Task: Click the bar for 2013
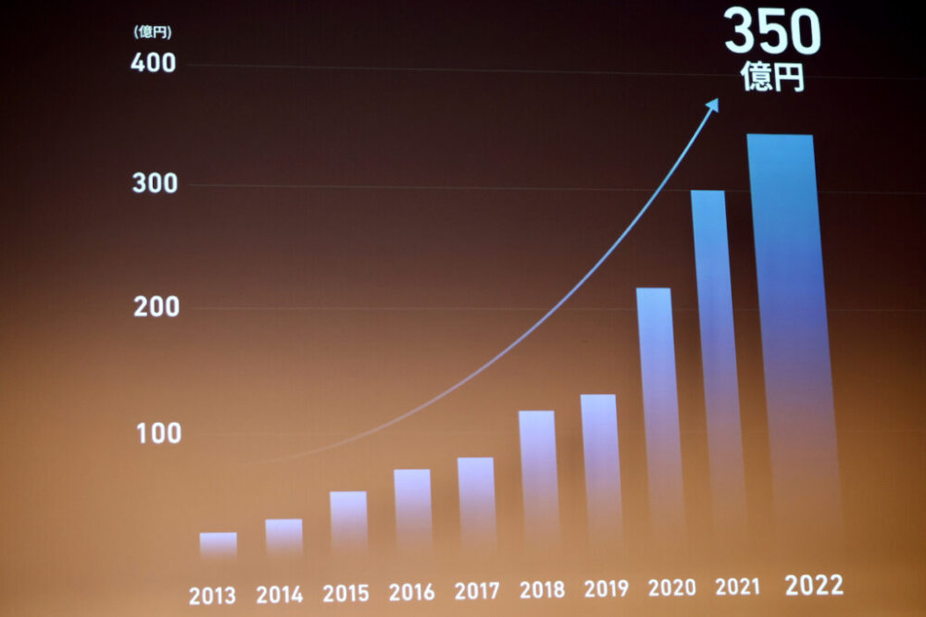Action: point(218,545)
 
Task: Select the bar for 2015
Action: point(348,524)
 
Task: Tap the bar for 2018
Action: point(538,481)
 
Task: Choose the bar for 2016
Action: point(412,512)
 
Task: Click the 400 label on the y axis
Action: point(154,64)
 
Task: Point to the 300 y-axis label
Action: point(155,184)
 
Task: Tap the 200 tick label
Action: point(156,308)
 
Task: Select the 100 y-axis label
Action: point(158,433)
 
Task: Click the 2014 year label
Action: point(279,595)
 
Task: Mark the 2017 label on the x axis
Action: point(477,590)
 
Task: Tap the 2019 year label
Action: point(606,588)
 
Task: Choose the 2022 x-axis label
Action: point(814,585)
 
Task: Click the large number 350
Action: point(772,33)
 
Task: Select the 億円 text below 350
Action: point(772,78)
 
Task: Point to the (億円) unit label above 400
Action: point(152,32)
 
